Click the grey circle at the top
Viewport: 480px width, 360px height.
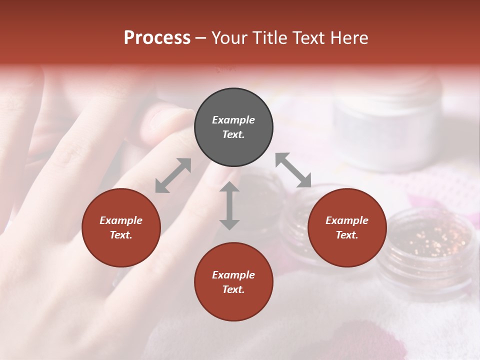[233, 127]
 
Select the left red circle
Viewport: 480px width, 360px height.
[121, 227]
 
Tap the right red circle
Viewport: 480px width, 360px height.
[347, 227]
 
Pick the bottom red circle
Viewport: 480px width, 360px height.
[233, 282]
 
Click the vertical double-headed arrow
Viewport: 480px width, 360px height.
[229, 205]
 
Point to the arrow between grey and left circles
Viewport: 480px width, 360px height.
[173, 175]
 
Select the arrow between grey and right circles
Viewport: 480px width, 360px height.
[293, 170]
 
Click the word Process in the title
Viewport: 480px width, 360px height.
[157, 37]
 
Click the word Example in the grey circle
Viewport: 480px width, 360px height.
[233, 120]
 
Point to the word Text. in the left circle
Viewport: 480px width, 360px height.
[121, 235]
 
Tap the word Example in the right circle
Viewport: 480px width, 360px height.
[347, 220]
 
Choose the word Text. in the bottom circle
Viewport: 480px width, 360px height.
[233, 289]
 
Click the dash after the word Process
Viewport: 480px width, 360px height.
[201, 37]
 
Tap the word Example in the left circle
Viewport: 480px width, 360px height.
[121, 220]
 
